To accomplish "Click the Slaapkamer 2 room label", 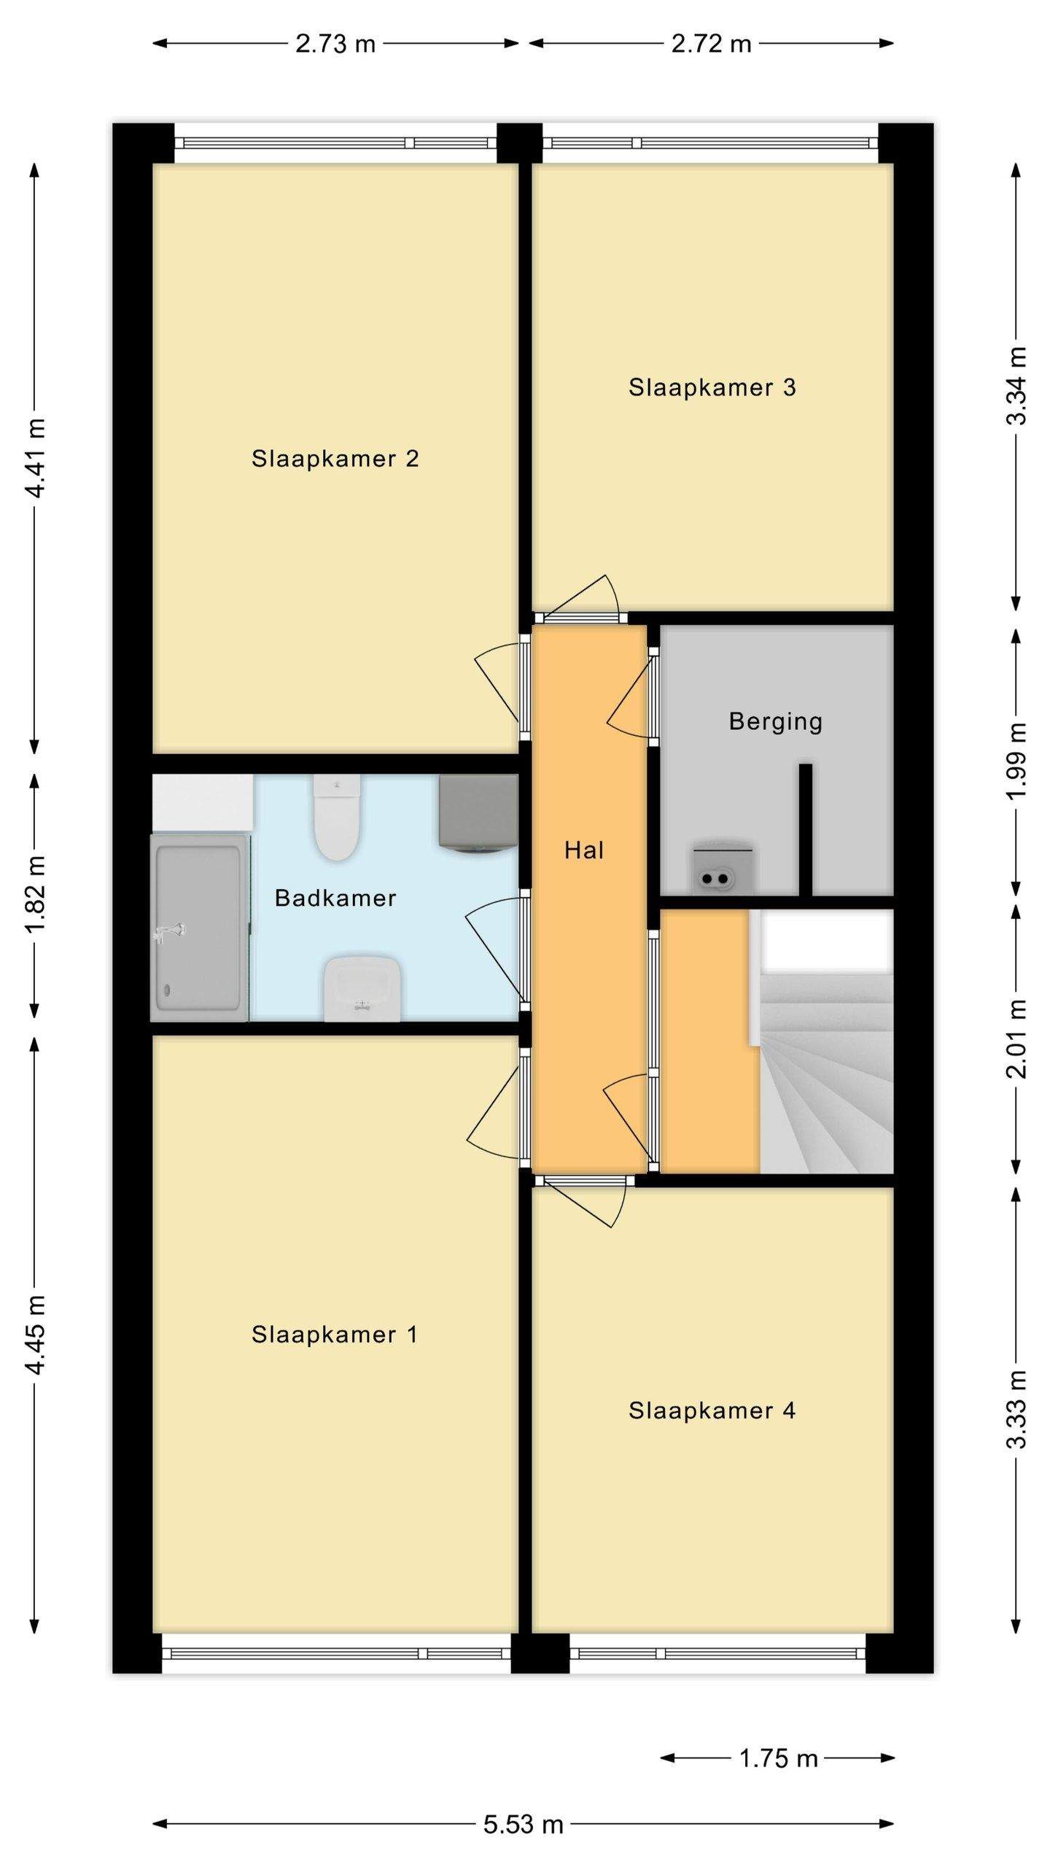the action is click(x=335, y=459).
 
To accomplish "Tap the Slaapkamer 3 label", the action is click(x=712, y=387).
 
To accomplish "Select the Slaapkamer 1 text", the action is click(x=335, y=1335).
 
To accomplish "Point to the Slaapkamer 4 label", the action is click(x=712, y=1410).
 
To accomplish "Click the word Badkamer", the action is click(x=335, y=898).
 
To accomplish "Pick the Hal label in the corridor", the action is click(x=584, y=850).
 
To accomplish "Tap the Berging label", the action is click(x=776, y=722).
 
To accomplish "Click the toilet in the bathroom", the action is click(x=337, y=817).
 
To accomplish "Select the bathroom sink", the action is click(x=362, y=989).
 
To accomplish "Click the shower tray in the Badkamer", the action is click(x=199, y=928).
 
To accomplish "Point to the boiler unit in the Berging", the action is click(x=723, y=869).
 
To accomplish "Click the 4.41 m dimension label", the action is click(x=35, y=458).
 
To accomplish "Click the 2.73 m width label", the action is click(x=335, y=44).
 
